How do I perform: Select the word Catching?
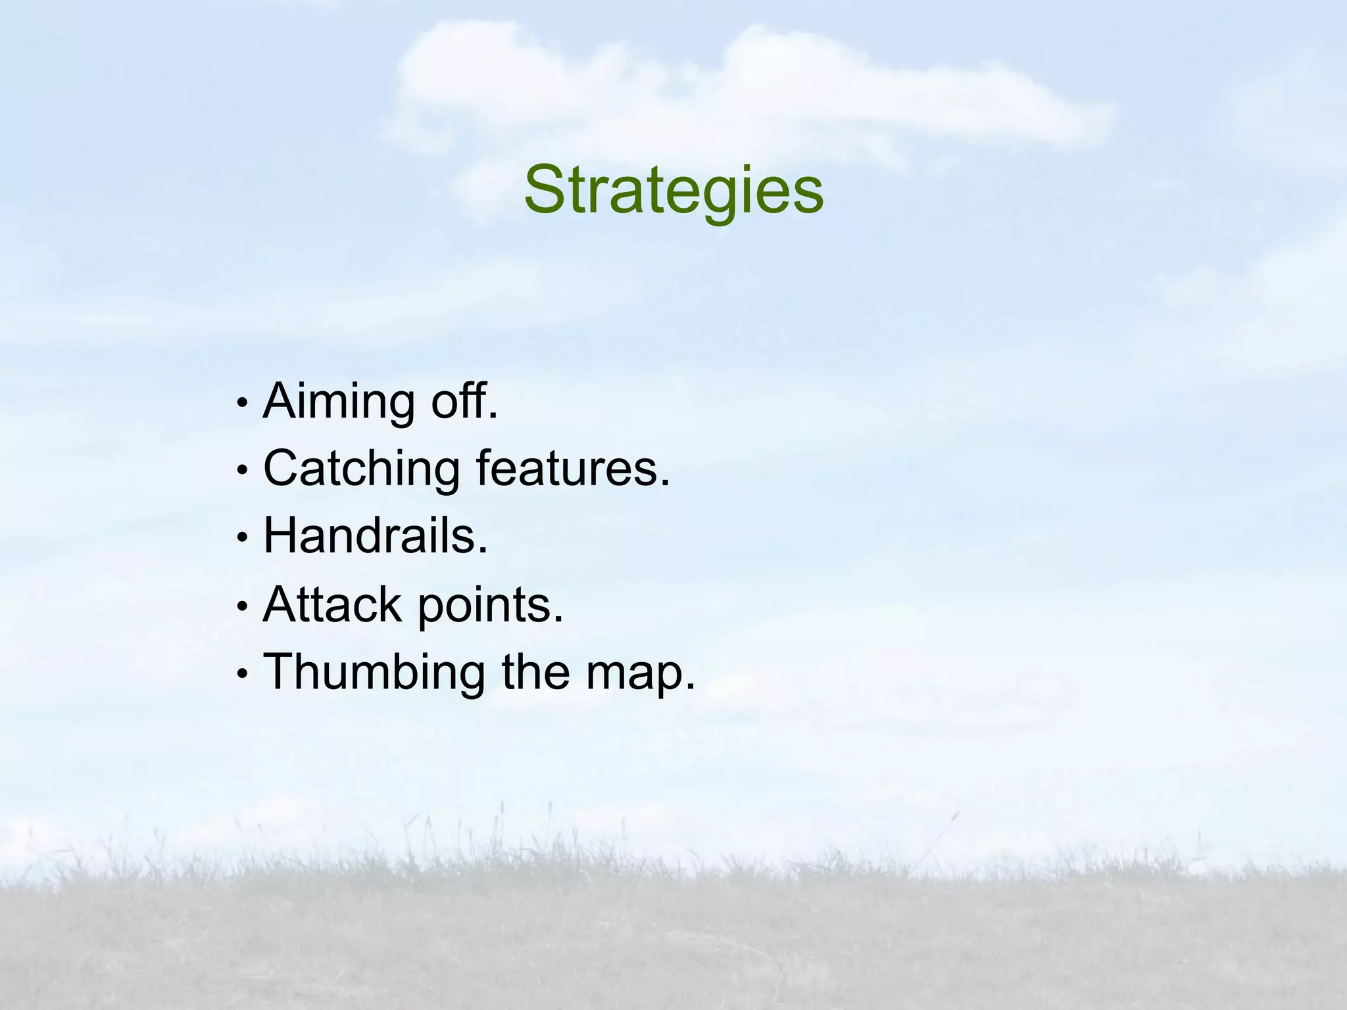361,469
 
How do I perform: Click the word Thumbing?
374,673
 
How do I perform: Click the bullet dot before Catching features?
243,469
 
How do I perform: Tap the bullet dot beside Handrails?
243,537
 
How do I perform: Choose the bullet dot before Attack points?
243,606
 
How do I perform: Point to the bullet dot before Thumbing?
243,674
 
